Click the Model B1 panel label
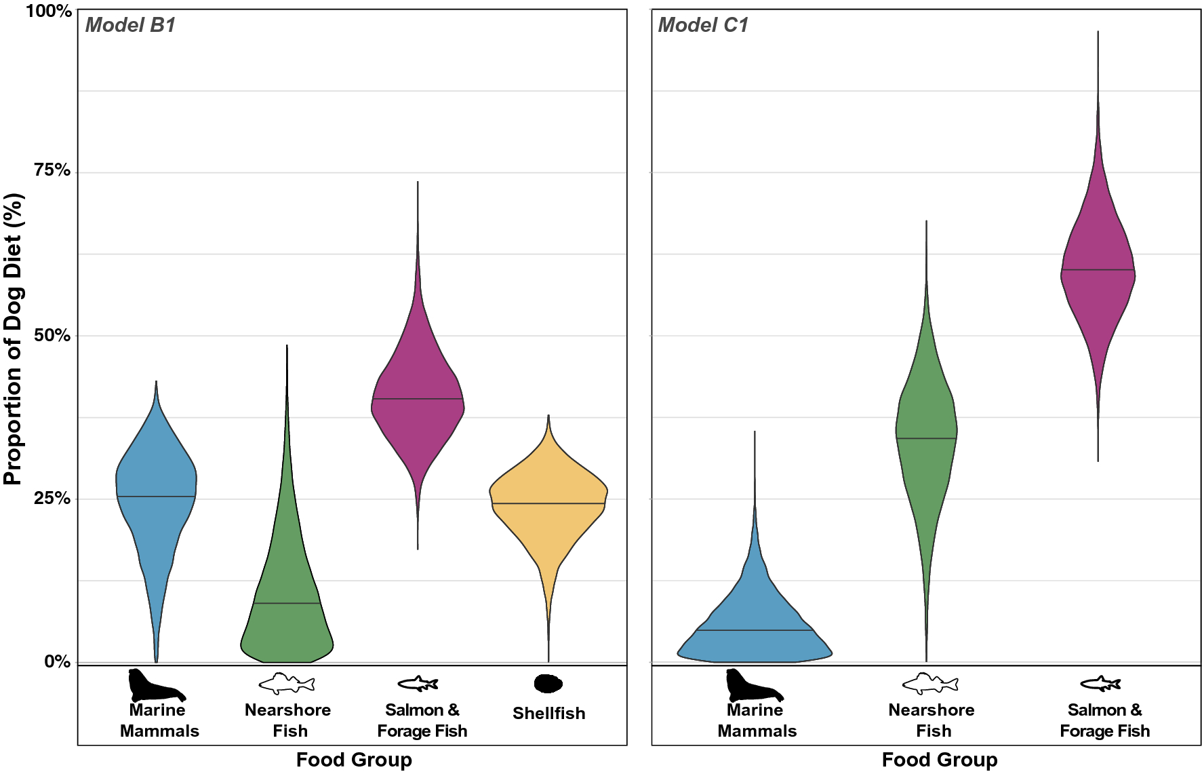(x=130, y=25)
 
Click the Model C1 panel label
(x=702, y=25)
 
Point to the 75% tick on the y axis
(x=52, y=170)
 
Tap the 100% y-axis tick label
(x=48, y=11)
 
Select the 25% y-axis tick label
(x=52, y=499)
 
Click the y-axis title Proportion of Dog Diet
(x=14, y=339)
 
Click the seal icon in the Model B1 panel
(x=156, y=685)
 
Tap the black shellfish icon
(x=548, y=683)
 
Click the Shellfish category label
(x=548, y=713)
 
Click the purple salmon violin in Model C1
(x=1098, y=271)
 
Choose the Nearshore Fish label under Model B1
(x=288, y=720)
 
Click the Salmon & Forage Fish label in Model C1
(x=1104, y=720)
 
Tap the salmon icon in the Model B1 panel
(x=418, y=683)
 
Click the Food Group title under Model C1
(x=939, y=759)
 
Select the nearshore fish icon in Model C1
(x=930, y=683)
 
